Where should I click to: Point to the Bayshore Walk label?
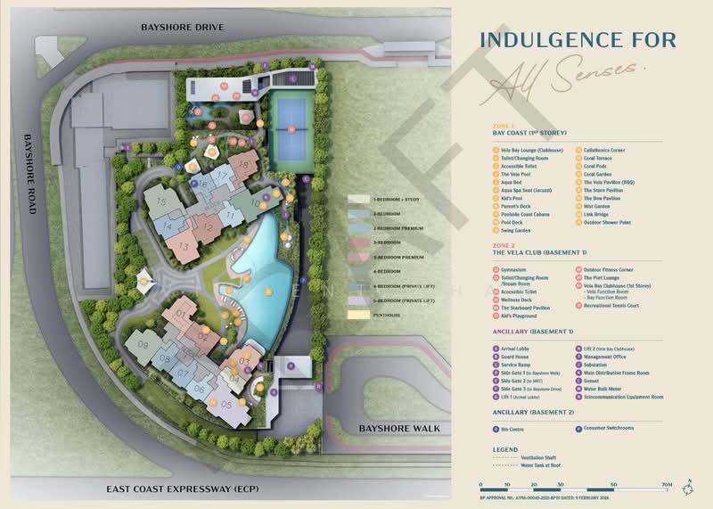pyautogui.click(x=399, y=429)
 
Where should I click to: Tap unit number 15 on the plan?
pyautogui.click(x=161, y=202)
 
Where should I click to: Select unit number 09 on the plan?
pyautogui.click(x=143, y=346)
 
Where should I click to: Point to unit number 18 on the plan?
pyautogui.click(x=241, y=164)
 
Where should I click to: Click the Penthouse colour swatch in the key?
pyautogui.click(x=361, y=315)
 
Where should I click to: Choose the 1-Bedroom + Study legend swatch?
pyautogui.click(x=361, y=200)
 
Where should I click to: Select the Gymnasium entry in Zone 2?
pyautogui.click(x=519, y=268)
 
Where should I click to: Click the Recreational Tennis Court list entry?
pyautogui.click(x=623, y=306)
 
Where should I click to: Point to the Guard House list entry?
pyautogui.click(x=516, y=357)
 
